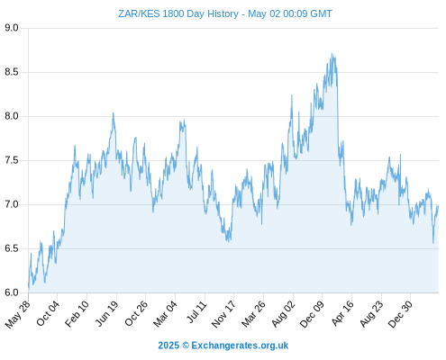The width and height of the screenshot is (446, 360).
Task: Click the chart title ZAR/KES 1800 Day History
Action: [x=178, y=13]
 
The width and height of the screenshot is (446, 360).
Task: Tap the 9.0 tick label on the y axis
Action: [x=12, y=28]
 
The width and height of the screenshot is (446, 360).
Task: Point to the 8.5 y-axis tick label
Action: [x=12, y=72]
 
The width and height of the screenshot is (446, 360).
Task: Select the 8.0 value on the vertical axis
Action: [x=12, y=116]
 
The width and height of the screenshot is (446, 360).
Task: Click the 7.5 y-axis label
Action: [x=12, y=160]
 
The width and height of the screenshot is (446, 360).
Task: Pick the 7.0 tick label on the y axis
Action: [x=12, y=204]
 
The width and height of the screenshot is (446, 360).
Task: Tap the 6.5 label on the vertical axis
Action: [x=12, y=248]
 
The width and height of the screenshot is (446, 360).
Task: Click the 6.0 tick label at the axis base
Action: [x=12, y=292]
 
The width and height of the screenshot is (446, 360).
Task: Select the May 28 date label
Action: [x=18, y=313]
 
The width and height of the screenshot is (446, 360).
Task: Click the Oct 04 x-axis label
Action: [x=48, y=313]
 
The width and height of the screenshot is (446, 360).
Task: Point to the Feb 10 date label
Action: [x=77, y=313]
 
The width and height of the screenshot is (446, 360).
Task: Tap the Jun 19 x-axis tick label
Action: [x=106, y=313]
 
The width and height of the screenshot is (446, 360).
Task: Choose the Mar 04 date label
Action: [x=165, y=313]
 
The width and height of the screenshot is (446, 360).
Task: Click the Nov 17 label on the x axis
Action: [x=223, y=313]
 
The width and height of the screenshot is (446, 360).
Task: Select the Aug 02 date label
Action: [x=283, y=313]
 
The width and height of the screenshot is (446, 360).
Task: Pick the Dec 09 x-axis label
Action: [x=312, y=313]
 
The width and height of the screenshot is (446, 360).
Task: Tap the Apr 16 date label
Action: [x=342, y=313]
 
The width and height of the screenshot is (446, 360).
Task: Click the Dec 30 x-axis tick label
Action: [x=400, y=313]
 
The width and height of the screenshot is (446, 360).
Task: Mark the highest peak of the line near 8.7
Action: [x=332, y=53]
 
